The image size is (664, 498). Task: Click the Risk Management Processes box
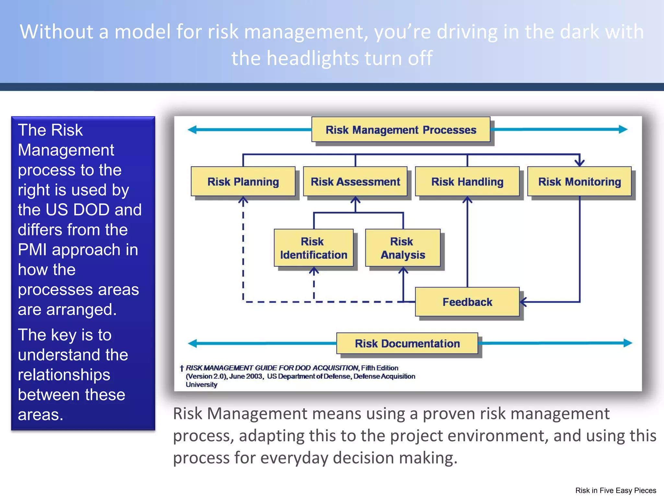click(401, 130)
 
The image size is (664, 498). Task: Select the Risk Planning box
click(243, 182)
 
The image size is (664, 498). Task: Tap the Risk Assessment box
click(355, 182)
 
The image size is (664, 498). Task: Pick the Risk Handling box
click(467, 182)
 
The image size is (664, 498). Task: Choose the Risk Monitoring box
click(579, 182)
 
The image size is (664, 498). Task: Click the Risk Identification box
click(314, 248)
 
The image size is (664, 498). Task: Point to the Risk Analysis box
click(403, 248)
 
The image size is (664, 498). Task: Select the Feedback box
click(467, 302)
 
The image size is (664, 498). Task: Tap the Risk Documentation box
click(407, 343)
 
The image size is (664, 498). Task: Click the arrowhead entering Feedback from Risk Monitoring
click(523, 302)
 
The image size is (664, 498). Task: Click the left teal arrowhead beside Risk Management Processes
click(192, 130)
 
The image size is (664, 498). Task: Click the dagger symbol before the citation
click(182, 368)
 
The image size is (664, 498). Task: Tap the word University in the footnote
click(201, 385)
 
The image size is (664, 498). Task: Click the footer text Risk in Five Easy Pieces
click(615, 491)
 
